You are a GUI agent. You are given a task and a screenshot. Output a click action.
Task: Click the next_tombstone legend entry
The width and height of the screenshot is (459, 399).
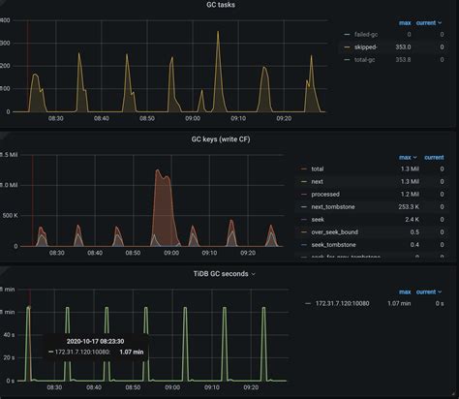click(x=336, y=206)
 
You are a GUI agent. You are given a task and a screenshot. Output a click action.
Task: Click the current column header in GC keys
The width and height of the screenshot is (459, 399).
click(x=434, y=157)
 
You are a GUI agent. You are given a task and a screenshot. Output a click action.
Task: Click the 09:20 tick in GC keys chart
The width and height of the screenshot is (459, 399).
click(x=282, y=252)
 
